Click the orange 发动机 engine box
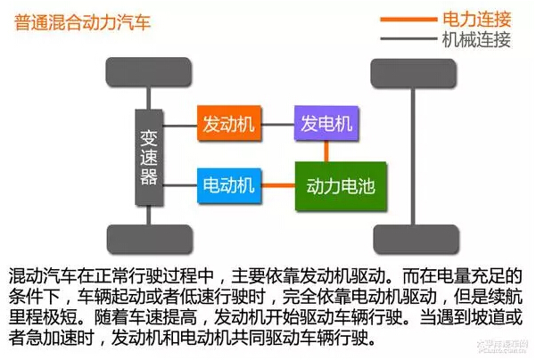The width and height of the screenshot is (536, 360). click(x=229, y=123)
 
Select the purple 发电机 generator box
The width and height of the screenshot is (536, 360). click(x=326, y=123)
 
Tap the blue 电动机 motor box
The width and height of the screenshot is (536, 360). click(x=229, y=186)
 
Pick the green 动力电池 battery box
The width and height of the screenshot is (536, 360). click(x=341, y=186)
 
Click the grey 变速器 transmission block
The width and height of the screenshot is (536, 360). click(x=149, y=158)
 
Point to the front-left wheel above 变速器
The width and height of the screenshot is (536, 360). click(x=148, y=72)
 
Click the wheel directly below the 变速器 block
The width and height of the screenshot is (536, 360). click(x=150, y=239)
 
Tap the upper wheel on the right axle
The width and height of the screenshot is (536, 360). click(x=414, y=73)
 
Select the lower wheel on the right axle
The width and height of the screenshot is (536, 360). click(x=416, y=239)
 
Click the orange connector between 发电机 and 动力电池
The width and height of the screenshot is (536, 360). click(x=326, y=151)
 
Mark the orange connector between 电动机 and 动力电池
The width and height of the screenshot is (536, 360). click(x=278, y=186)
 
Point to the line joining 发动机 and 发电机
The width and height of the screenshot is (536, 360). click(x=278, y=125)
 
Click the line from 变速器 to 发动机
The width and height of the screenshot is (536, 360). click(x=180, y=126)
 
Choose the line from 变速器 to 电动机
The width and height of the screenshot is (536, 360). click(x=180, y=185)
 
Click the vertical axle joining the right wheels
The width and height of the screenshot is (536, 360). click(x=413, y=156)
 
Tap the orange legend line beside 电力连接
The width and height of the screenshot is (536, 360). click(x=408, y=19)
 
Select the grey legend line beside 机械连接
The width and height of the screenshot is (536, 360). click(x=408, y=38)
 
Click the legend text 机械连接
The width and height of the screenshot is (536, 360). click(x=476, y=40)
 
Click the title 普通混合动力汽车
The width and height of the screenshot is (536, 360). click(x=82, y=22)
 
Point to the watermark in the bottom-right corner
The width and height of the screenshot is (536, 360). click(x=502, y=346)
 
